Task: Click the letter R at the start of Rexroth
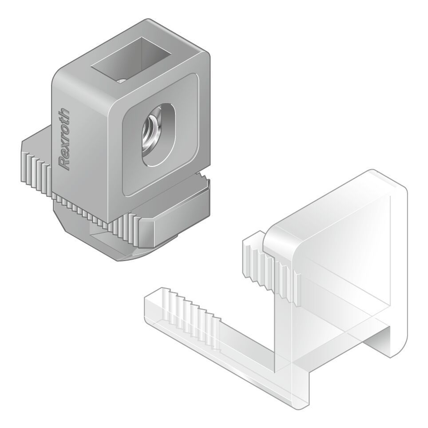pyautogui.click(x=65, y=164)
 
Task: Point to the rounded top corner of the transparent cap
pyautogui.click(x=395, y=182)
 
